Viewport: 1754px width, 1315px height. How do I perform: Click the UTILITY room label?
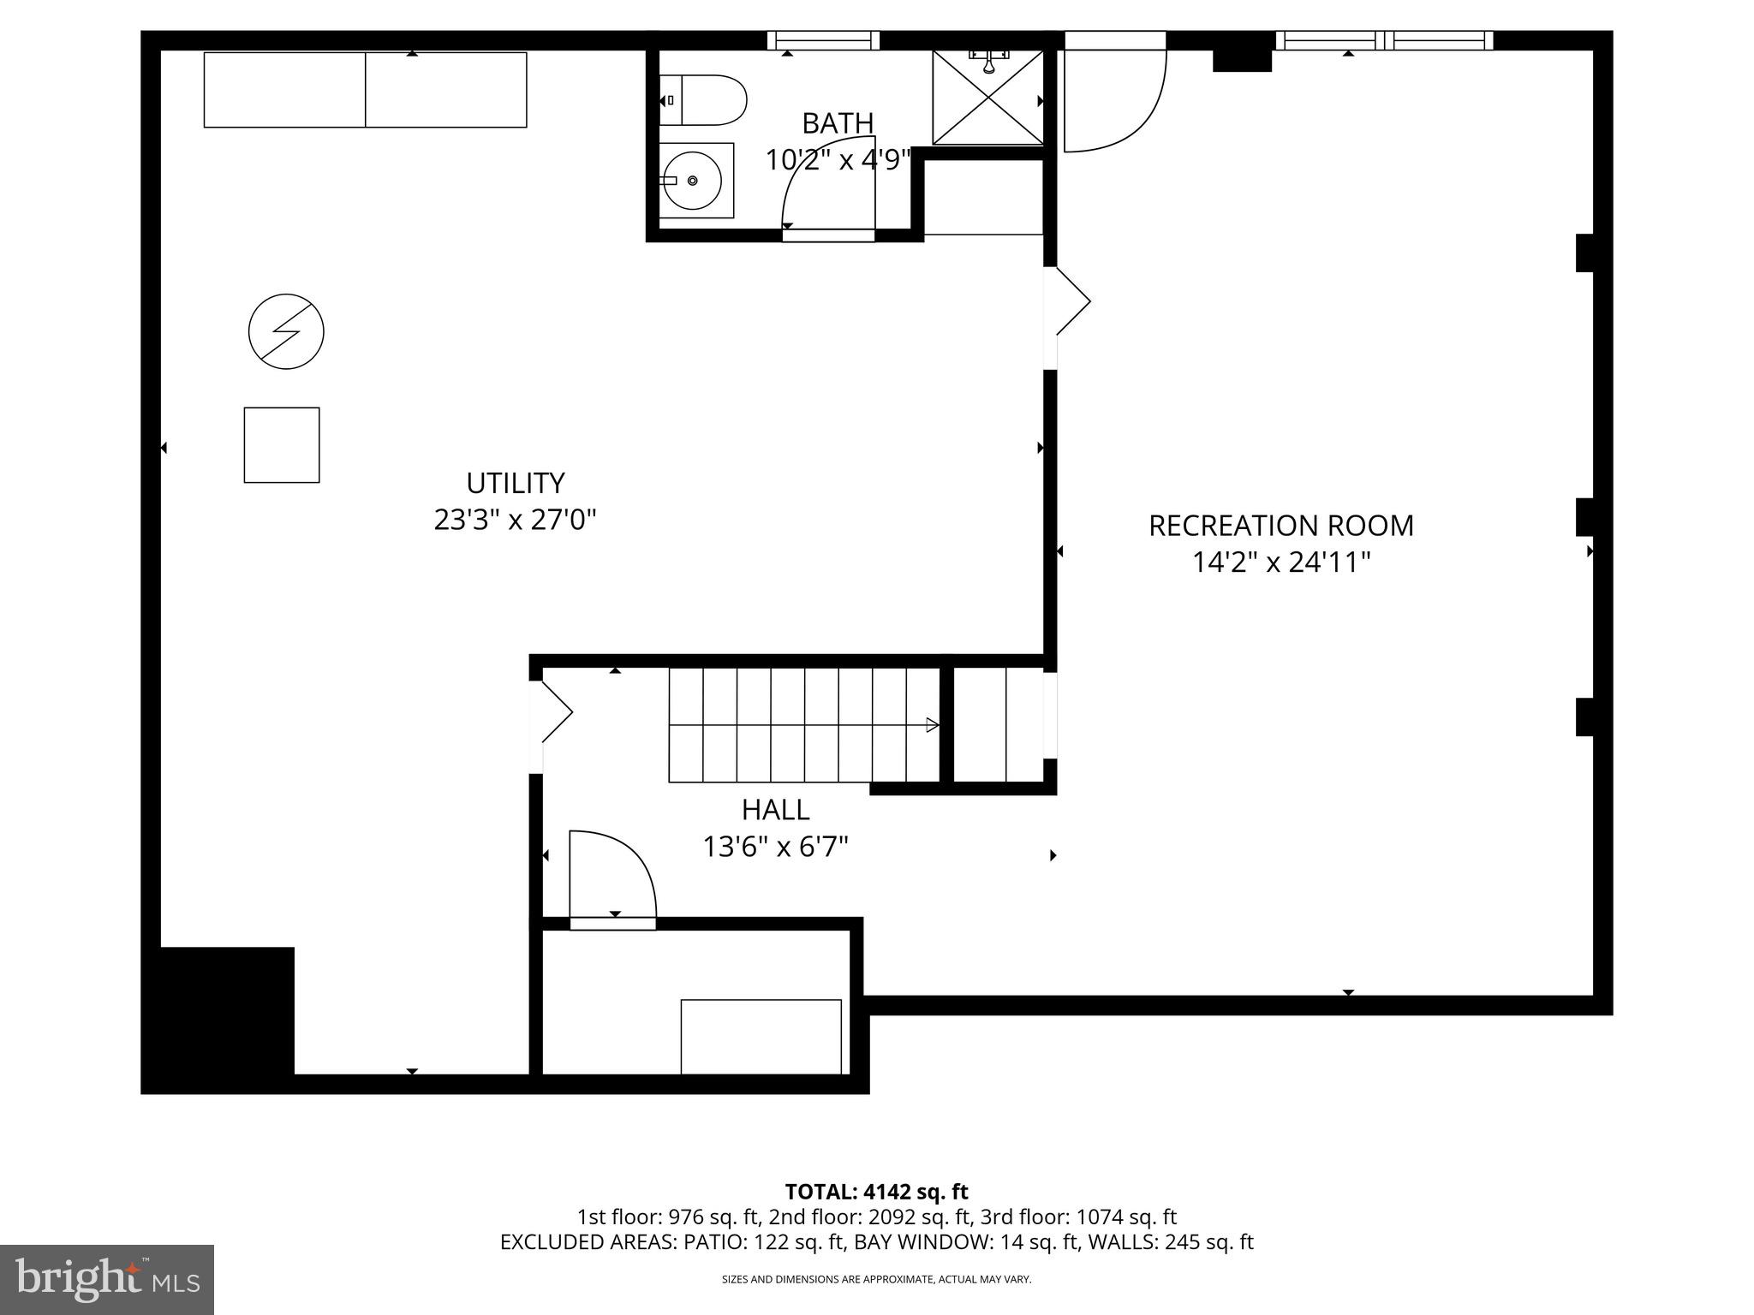515,483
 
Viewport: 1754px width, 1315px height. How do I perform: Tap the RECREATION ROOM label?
1280,526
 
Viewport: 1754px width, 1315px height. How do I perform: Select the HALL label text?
775,809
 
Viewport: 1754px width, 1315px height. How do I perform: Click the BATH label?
837,123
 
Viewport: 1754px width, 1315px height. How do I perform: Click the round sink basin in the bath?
693,181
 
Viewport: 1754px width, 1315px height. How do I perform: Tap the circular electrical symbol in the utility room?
286,331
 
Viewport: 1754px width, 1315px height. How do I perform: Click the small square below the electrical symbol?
282,445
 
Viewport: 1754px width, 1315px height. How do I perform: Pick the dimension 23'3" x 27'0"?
515,520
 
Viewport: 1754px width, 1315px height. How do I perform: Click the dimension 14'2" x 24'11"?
1281,562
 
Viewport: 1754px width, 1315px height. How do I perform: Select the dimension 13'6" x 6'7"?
775,847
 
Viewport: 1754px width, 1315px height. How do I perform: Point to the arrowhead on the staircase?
932,725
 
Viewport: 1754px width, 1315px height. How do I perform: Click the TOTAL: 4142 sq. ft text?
876,1192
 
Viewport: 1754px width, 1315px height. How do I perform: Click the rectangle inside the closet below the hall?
761,1036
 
